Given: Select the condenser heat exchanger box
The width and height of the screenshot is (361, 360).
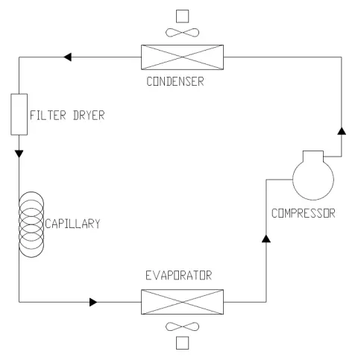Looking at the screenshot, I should pos(182,56).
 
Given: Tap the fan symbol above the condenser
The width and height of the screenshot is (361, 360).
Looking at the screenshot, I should pos(182,32).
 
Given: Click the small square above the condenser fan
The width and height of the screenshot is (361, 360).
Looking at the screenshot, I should pos(182,15).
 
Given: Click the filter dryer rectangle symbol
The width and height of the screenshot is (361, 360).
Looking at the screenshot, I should pos(19,114).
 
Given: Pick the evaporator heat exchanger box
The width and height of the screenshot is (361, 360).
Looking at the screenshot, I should pos(182,302).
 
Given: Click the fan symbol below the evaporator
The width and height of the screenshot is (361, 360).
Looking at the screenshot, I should pos(182,326).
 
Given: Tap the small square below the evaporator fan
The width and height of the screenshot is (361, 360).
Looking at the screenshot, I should pos(182,343).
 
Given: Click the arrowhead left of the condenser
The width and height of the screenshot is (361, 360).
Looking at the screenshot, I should pos(68,56).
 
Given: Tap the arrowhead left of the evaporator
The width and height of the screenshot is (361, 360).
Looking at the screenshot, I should pos(93,302).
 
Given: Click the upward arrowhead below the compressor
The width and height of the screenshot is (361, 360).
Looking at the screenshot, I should pos(266,239).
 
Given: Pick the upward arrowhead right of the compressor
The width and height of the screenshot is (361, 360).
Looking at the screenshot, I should pos(341,130).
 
